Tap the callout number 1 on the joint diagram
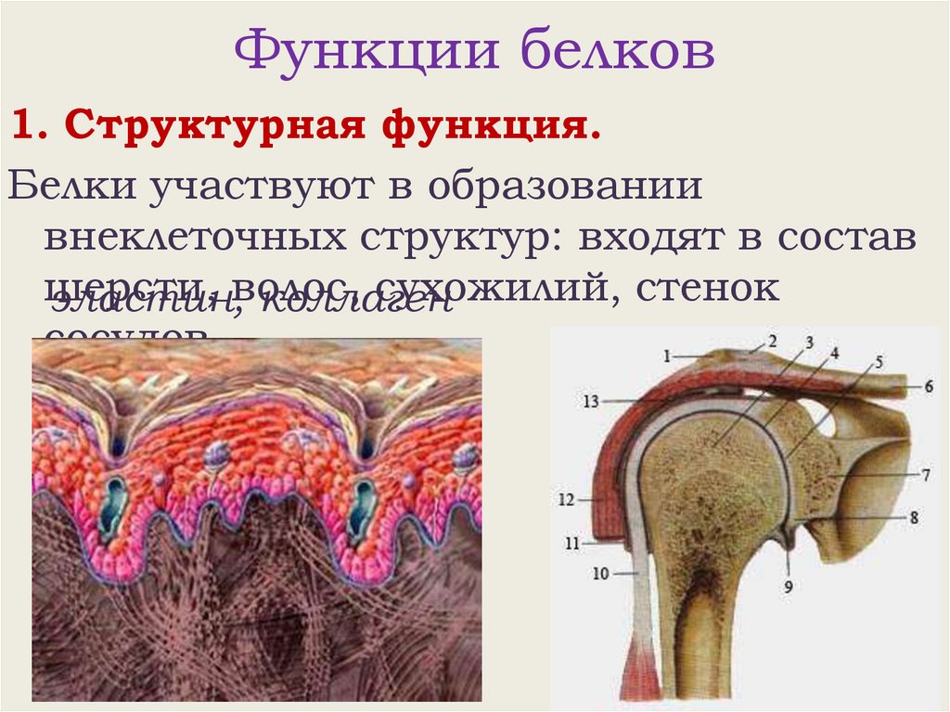coord(665,354)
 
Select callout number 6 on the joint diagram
coord(928,385)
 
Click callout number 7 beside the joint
coord(926,474)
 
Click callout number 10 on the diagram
coord(601,574)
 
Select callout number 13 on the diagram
coord(594,401)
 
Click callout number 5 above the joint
coord(879,361)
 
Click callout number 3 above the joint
coord(808,343)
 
